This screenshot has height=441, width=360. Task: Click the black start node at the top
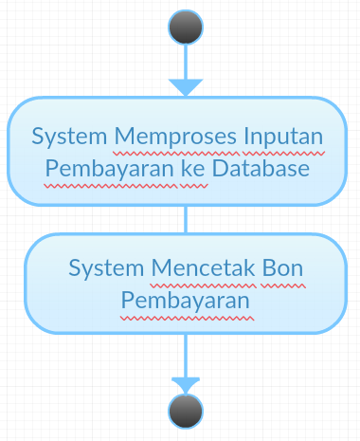coord(186,27)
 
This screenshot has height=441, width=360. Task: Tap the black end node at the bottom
coord(186,412)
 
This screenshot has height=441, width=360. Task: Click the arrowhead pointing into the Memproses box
coord(186,86)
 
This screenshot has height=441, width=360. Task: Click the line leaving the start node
coord(186,61)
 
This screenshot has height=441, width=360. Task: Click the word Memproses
coord(167,138)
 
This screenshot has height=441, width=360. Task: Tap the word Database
coord(261,169)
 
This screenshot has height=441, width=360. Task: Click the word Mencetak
coord(198,268)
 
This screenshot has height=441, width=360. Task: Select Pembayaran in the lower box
coord(186,299)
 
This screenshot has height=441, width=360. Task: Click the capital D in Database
coord(220,169)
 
